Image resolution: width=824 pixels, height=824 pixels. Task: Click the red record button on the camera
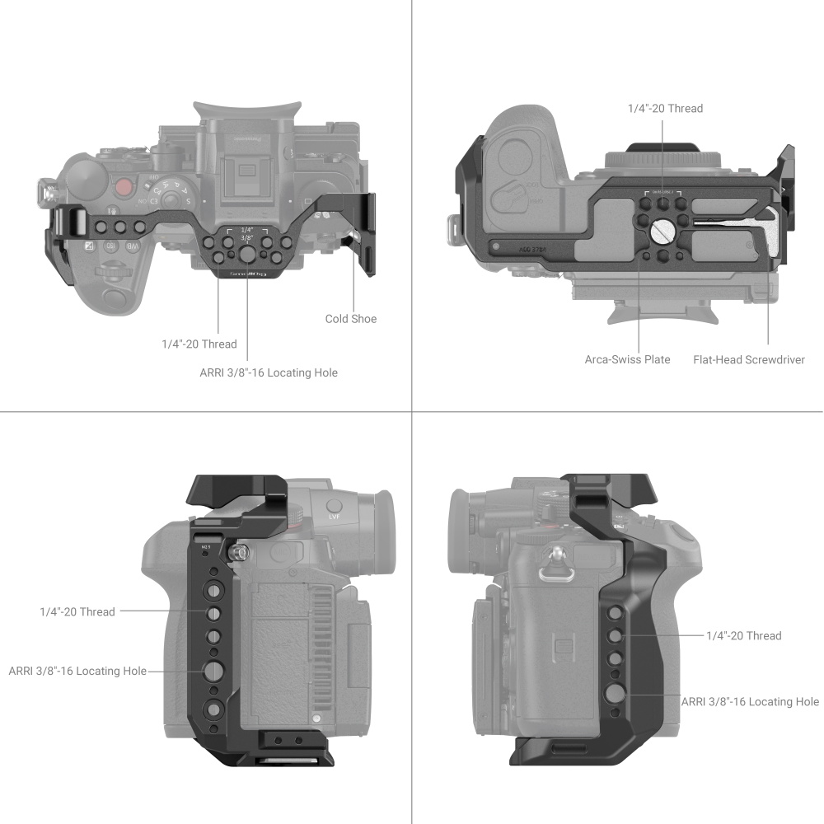[x=124, y=187]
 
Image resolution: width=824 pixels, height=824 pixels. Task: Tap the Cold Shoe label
[x=351, y=319]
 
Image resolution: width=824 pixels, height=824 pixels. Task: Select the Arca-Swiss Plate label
[x=627, y=359]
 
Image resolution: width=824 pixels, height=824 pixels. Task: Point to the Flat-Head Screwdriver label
[x=748, y=359]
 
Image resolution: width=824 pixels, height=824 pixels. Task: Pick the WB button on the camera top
[x=132, y=246]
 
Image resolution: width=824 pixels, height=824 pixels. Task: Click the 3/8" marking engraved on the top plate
[x=246, y=236]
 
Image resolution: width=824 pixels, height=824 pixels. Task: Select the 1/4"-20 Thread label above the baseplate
[x=665, y=108]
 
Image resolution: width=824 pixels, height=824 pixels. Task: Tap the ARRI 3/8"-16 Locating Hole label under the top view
[x=269, y=372]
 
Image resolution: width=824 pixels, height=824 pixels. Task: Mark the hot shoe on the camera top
[x=245, y=173]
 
